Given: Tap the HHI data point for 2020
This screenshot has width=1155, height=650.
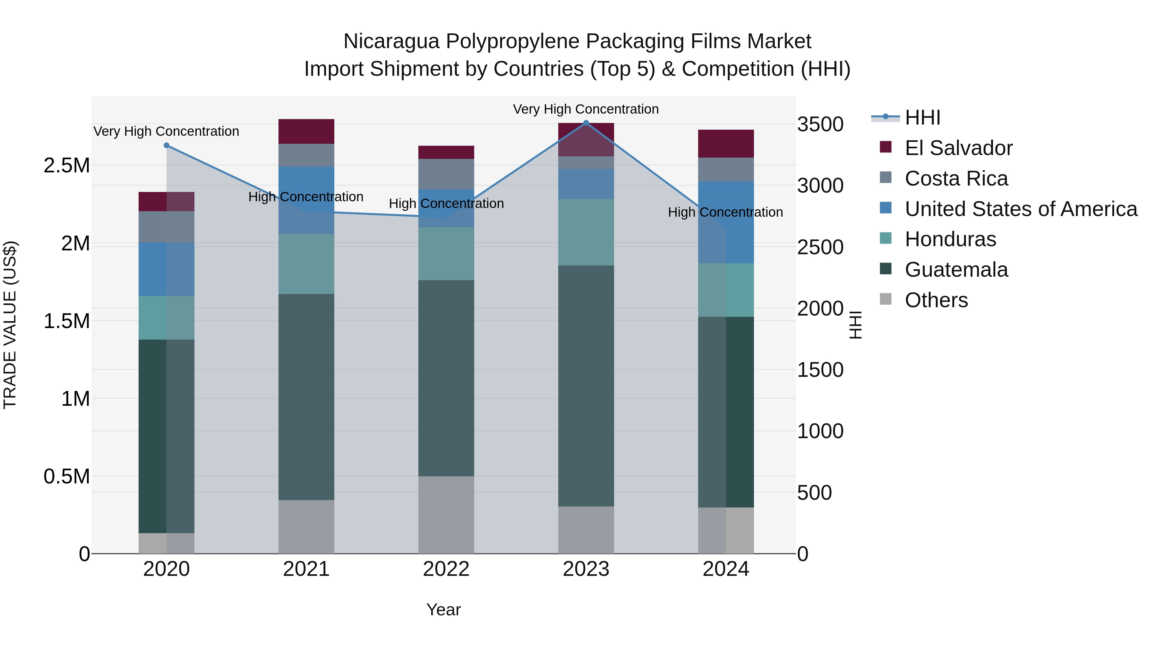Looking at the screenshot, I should point(166,145).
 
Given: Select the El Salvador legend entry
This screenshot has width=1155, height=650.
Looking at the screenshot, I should point(958,148).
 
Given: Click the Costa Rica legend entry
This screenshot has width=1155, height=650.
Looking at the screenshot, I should point(956,178).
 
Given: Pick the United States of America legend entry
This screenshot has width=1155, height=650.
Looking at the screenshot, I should point(1021,209).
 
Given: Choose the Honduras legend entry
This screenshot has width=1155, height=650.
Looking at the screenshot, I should point(950,239).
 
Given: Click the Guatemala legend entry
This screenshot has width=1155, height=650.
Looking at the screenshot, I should point(956,270).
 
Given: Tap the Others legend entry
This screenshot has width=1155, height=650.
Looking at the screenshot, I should point(936,300).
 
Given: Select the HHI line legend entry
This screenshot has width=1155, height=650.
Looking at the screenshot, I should point(922,117).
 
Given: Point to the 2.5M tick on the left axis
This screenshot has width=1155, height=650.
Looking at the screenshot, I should point(67,166).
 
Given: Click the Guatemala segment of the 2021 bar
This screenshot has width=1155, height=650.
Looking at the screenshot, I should point(306,397).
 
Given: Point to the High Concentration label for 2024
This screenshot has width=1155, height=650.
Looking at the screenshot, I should point(725,212).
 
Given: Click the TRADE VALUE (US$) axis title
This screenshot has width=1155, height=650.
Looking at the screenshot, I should point(10,325).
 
